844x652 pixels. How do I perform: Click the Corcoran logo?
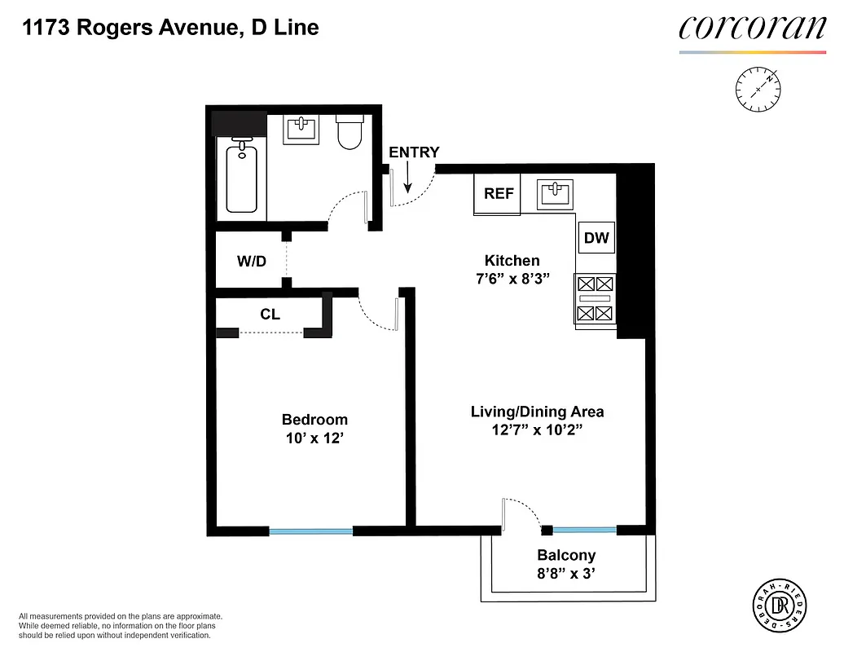pyautogui.click(x=752, y=29)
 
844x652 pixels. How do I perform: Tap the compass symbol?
pyautogui.click(x=758, y=88)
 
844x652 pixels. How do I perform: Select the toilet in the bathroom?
pyautogui.click(x=350, y=133)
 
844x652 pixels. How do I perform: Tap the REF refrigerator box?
pyautogui.click(x=498, y=194)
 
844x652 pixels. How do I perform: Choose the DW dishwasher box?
pyautogui.click(x=596, y=238)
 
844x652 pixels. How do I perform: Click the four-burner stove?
pyautogui.click(x=595, y=298)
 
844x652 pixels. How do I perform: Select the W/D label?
pyautogui.click(x=251, y=262)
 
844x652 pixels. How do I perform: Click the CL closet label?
pyautogui.click(x=270, y=314)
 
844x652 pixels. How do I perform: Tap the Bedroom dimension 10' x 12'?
pyautogui.click(x=314, y=438)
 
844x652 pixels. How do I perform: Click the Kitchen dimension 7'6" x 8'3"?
pyautogui.click(x=512, y=279)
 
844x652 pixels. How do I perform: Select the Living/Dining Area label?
pyautogui.click(x=537, y=412)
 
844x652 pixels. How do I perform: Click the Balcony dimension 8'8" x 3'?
pyautogui.click(x=565, y=574)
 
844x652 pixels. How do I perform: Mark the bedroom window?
pyautogui.click(x=310, y=531)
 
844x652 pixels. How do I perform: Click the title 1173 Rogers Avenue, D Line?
pyautogui.click(x=170, y=28)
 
